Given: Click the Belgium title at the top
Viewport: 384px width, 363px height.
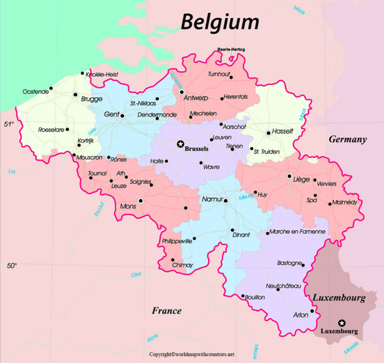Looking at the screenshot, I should [220, 22].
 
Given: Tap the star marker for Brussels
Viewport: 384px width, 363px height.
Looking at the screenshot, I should [180, 144].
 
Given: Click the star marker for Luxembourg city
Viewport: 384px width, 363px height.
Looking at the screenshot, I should [341, 323].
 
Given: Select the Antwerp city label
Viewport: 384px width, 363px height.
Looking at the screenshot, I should [196, 98].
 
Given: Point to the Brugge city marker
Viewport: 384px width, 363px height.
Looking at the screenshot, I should [75, 94].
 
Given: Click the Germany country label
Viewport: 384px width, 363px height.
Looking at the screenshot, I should [347, 140].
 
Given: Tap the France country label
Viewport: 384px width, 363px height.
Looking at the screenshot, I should [166, 311].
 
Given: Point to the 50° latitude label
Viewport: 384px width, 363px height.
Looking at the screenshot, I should [12, 266].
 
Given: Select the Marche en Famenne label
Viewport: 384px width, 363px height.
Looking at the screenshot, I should [297, 232].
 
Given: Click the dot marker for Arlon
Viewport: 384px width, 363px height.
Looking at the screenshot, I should [311, 311].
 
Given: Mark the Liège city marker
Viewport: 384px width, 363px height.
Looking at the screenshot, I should [289, 176].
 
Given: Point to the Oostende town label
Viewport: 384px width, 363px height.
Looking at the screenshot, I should [36, 92].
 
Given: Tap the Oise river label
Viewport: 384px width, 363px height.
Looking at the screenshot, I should [135, 274].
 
